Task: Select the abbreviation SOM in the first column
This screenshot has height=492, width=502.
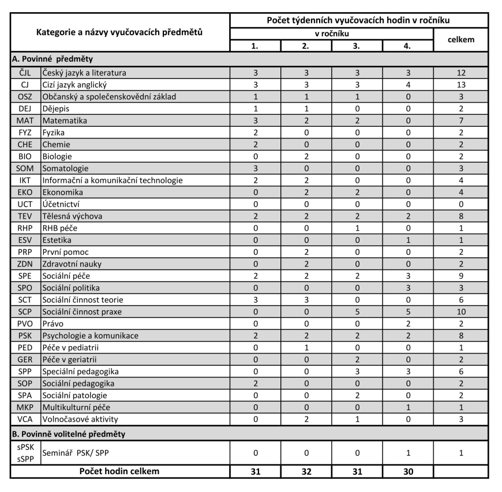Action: [x=25, y=168]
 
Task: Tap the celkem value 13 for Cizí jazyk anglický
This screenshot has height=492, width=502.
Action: [x=461, y=85]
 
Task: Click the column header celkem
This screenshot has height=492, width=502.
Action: [x=461, y=40]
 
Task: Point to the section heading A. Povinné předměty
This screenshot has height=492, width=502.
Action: [x=53, y=59]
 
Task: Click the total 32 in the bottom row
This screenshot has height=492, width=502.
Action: [x=306, y=471]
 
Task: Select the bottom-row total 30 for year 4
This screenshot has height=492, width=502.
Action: [x=407, y=471]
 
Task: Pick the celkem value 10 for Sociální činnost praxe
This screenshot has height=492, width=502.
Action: [x=461, y=312]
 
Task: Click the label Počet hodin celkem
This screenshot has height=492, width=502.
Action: [x=119, y=471]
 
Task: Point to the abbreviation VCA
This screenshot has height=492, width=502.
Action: [x=25, y=419]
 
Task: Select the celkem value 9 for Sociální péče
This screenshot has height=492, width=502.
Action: [x=461, y=276]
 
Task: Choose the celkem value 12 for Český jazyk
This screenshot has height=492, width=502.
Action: [x=461, y=73]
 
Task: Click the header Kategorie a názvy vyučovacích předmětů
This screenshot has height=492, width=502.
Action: [x=119, y=32]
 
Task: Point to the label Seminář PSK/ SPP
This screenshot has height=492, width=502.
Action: [x=74, y=453]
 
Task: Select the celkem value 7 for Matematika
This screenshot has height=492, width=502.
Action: [x=461, y=121]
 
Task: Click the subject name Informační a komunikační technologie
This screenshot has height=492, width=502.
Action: [x=113, y=181]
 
